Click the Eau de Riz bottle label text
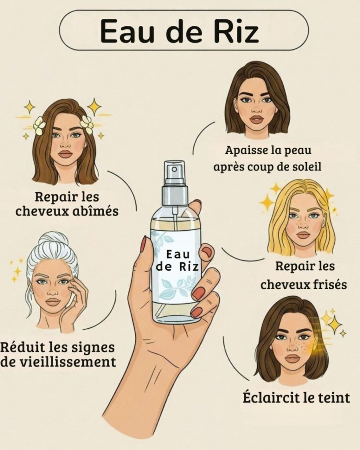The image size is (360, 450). [x=177, y=261]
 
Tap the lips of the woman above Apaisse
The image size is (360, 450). [x=256, y=119]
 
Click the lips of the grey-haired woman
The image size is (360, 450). [x=53, y=302]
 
